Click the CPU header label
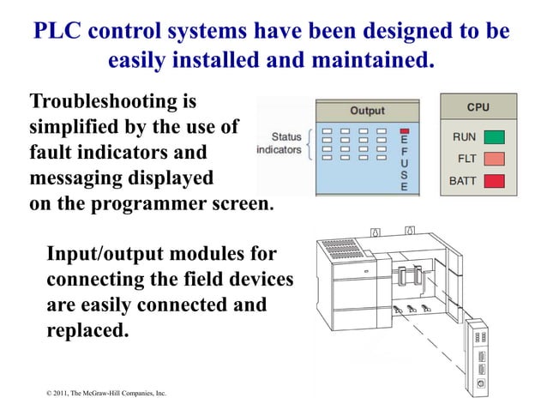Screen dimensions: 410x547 click(478, 107)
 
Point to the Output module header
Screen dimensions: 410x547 click(367, 111)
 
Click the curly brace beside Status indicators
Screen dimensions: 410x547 click(308, 143)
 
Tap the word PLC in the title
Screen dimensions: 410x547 click(59, 32)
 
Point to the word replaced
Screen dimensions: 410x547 click(87, 329)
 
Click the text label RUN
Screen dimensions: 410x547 click(464, 136)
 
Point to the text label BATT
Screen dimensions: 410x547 click(462, 182)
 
